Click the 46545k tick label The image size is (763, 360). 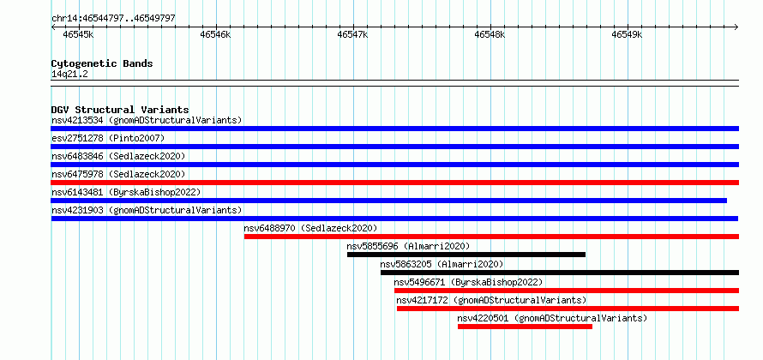[78, 34]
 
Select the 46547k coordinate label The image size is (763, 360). [353, 34]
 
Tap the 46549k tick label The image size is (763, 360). [628, 34]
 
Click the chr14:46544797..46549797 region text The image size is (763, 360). [113, 19]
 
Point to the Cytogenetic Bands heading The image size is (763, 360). [102, 63]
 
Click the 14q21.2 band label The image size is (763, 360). [69, 75]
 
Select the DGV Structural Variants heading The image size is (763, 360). [120, 110]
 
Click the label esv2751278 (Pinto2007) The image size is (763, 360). [108, 138]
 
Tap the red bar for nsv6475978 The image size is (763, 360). [394, 183]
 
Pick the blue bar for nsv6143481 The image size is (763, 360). [389, 201]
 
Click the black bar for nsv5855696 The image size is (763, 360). [466, 255]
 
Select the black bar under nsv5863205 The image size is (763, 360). [560, 273]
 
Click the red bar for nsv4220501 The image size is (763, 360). [525, 327]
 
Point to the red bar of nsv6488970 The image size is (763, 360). [491, 237]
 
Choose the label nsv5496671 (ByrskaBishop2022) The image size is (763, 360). [468, 282]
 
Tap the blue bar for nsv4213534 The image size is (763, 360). [394, 129]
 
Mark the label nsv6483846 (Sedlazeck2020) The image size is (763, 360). [118, 156]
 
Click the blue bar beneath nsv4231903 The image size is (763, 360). [394, 219]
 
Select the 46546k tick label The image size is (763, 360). [215, 34]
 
